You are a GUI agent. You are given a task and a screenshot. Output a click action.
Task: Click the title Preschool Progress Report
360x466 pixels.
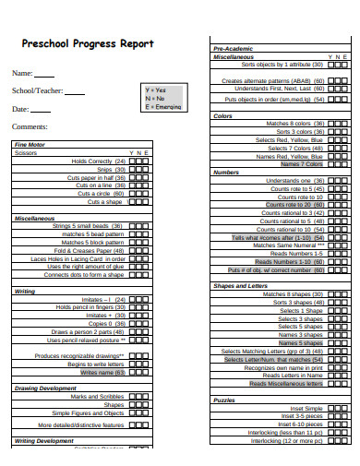click(87, 43)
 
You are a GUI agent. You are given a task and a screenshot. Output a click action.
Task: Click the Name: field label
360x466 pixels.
click(22, 73)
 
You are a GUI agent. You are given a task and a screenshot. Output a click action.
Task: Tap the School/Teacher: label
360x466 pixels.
click(37, 91)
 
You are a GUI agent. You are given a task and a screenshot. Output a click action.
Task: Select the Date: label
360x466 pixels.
click(21, 109)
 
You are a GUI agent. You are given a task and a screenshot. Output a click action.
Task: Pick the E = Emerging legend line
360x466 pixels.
click(164, 106)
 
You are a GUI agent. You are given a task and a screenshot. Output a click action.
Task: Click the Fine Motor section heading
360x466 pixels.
click(30, 145)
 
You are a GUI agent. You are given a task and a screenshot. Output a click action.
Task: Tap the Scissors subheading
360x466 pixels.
click(27, 153)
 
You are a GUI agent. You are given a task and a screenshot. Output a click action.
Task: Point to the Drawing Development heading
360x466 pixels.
click(44, 388)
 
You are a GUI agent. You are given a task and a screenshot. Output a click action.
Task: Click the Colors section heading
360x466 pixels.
click(223, 116)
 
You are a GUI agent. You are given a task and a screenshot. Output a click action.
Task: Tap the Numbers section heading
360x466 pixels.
click(227, 173)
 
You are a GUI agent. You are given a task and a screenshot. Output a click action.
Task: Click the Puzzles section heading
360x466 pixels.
click(225, 400)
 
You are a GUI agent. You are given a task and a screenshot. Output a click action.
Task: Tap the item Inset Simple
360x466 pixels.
click(306, 408)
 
